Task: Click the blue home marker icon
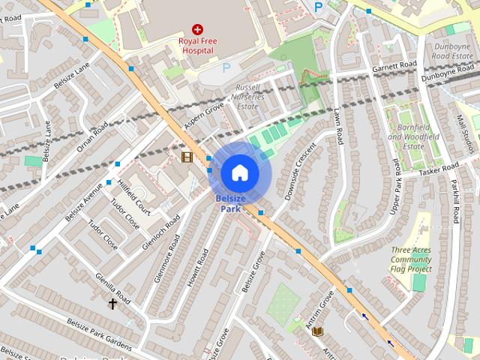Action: click(x=239, y=172)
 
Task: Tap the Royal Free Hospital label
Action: click(x=196, y=45)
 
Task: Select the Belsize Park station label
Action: click(x=230, y=203)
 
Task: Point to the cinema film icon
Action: click(x=187, y=157)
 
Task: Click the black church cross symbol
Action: click(x=113, y=304)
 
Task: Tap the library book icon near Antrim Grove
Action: click(x=317, y=331)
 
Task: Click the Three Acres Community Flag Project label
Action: click(x=410, y=259)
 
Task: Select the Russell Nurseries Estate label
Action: click(x=247, y=97)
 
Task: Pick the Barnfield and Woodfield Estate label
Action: click(x=412, y=136)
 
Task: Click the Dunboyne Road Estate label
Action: click(x=452, y=51)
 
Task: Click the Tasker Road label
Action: click(x=439, y=169)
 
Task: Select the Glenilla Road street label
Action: click(x=112, y=289)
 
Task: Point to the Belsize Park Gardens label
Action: click(x=98, y=334)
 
